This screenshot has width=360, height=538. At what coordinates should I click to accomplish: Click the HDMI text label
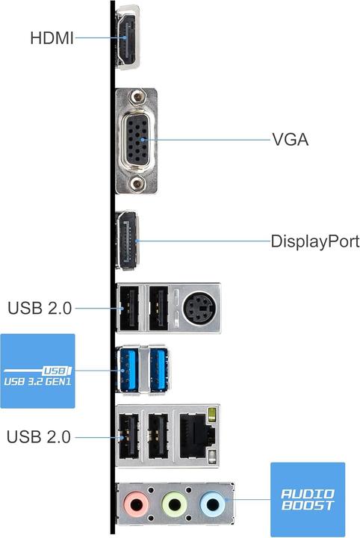tap(52, 37)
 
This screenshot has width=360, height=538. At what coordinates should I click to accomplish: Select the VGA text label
tap(290, 140)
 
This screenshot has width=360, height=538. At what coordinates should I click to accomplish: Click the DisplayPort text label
tap(314, 242)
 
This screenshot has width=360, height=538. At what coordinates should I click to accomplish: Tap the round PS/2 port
tap(197, 306)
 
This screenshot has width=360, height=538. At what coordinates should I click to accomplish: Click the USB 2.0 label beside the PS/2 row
tap(39, 307)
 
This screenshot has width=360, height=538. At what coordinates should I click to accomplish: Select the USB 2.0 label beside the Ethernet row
tap(39, 436)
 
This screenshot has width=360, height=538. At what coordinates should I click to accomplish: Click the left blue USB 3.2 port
tap(128, 369)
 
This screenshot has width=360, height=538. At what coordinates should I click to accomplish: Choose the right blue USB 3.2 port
tap(158, 369)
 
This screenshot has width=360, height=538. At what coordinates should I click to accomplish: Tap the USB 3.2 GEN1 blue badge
tap(37, 371)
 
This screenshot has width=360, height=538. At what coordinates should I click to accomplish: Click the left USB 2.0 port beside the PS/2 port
tap(128, 307)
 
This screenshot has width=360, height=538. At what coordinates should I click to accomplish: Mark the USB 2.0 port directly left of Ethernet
tap(158, 436)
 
